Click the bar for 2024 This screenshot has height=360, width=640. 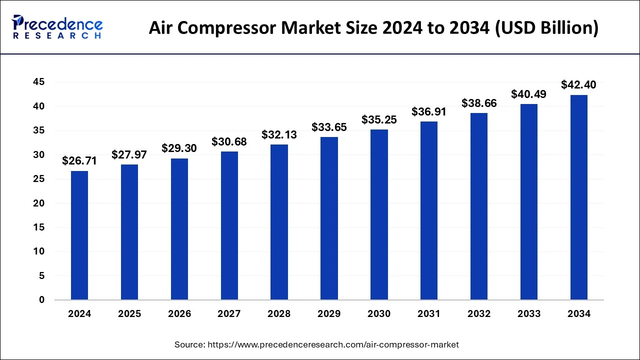coord(79,235)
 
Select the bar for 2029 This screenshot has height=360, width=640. coord(329,218)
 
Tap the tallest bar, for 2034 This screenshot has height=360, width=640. coord(579,197)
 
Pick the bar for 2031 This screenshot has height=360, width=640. coord(429,210)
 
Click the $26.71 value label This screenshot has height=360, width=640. coord(79,161)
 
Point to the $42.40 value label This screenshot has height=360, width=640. coord(578,85)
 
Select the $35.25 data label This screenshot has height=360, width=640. coord(379,119)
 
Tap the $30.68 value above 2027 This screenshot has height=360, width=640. coord(229,142)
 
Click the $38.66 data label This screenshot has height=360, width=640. coord(479,103)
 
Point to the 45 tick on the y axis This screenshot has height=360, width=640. coord(38,82)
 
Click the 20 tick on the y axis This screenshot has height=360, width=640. coord(38,203)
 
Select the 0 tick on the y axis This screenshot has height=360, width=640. coord(42,300)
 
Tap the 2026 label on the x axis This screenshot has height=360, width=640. coord(179,314)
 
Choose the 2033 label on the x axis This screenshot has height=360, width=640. coord(529,314)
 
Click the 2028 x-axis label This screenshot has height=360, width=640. coord(279,314)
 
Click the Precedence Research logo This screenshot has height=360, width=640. coord(57,27)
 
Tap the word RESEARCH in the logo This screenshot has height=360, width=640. coord(57,36)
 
